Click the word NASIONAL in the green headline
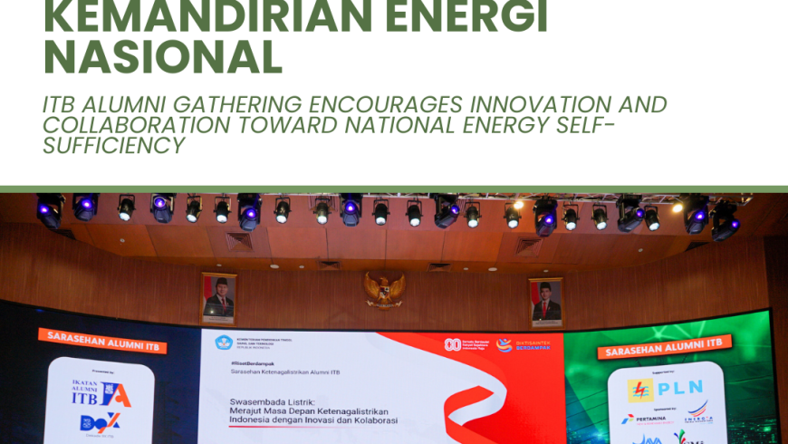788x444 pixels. pyautogui.click(x=163, y=57)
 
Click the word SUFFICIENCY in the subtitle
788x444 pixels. pyautogui.click(x=113, y=145)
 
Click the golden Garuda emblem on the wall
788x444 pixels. pyautogui.click(x=384, y=290)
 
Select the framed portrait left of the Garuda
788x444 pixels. pyautogui.click(x=218, y=298)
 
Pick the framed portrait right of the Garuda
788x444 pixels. pyautogui.click(x=546, y=302)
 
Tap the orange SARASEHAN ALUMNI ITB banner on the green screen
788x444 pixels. pyautogui.click(x=664, y=348)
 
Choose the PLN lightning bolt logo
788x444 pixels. pyautogui.click(x=641, y=391)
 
